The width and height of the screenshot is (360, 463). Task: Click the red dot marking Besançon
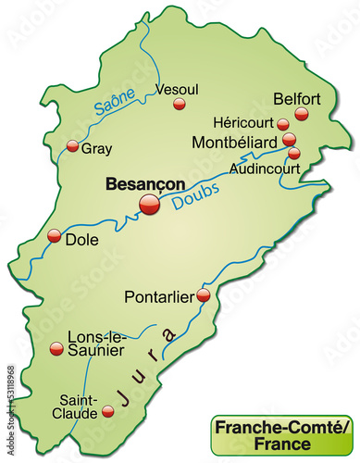tap(149, 206)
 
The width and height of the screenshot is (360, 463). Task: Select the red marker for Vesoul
tap(180, 105)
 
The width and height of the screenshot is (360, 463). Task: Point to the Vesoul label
tap(179, 90)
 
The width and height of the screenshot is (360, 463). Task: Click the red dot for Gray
tap(73, 145)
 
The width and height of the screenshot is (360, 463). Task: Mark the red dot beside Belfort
tap(302, 114)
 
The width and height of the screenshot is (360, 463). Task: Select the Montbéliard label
tap(235, 142)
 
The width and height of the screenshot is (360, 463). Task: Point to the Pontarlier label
tap(158, 297)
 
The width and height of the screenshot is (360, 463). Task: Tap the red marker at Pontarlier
tap(203, 295)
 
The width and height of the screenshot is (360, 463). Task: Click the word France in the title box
tap(283, 443)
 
